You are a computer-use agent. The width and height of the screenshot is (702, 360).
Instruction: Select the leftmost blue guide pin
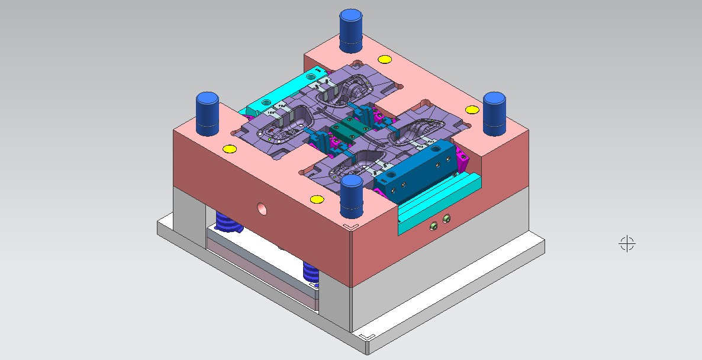[x=208, y=110]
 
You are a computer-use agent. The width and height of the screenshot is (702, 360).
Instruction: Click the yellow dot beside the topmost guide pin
[x=384, y=59]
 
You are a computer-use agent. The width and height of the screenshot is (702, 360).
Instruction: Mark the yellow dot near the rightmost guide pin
[x=472, y=110]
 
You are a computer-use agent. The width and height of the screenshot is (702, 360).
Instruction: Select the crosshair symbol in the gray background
[x=627, y=243]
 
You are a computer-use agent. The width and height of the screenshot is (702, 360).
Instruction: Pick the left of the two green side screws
[x=434, y=224]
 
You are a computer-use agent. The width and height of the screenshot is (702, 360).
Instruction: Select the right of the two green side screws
[x=446, y=218]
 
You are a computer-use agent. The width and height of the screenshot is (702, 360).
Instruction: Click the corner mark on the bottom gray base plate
[x=367, y=336]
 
